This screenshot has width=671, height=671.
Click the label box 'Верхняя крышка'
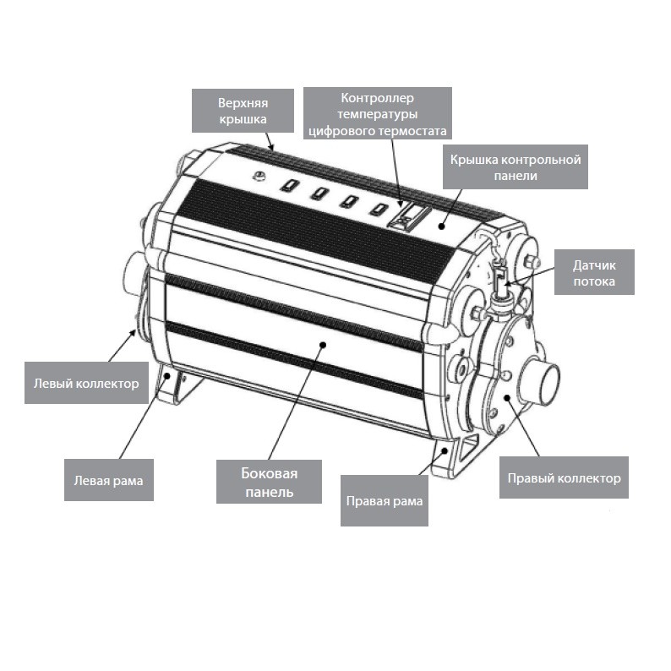point(243,111)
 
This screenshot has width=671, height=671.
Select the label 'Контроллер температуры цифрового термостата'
point(378,113)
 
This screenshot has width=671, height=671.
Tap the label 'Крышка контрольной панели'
point(516,166)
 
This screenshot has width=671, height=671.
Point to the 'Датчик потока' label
point(594,273)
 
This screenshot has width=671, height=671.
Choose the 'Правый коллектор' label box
point(564,477)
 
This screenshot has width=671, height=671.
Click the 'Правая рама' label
point(385,500)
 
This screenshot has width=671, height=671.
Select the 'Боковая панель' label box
point(269,482)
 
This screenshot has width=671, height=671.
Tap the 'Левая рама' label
point(109,480)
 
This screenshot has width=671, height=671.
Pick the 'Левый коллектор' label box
point(86,383)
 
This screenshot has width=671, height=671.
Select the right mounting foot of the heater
point(455,457)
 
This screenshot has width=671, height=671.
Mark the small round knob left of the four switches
point(259,176)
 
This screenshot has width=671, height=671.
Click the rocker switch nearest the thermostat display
point(379,209)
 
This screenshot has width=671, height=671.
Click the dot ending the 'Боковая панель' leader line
point(324,345)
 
